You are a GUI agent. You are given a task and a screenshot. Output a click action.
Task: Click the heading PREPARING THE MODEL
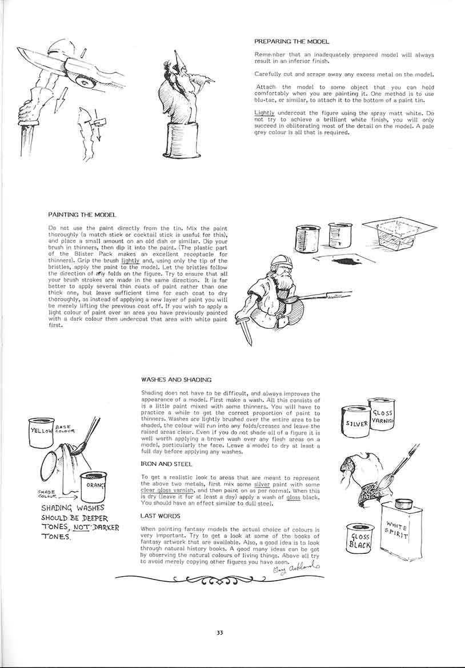coord(291,42)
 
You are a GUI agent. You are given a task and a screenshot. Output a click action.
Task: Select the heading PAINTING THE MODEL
coord(83,215)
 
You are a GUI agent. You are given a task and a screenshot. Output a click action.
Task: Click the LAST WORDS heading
coord(160,516)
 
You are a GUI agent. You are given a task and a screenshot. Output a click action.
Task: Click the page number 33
coord(220,631)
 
